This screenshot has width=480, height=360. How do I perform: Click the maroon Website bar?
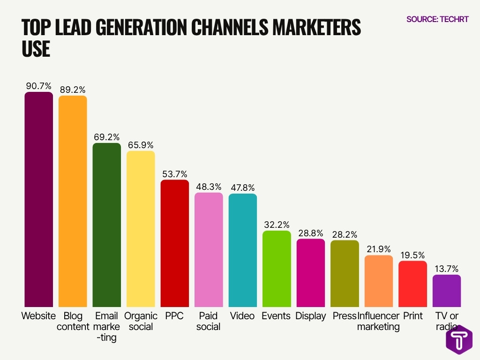38,199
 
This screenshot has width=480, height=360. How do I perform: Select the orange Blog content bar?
73,202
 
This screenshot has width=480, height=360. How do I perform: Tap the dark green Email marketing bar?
106,225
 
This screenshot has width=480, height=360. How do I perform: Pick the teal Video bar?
243,251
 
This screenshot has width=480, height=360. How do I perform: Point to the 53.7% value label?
174,174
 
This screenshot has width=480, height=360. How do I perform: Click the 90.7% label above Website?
39,86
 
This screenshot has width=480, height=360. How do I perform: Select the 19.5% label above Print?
412,255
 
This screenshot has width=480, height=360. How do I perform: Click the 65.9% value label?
141,145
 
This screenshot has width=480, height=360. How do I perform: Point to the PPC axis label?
174,316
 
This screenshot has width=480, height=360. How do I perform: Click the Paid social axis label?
208,321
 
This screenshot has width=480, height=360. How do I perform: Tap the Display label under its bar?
310,316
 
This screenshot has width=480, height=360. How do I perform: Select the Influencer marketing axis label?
378,321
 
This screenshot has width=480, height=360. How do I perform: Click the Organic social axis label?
141,321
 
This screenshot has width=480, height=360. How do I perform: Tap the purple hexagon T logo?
459,338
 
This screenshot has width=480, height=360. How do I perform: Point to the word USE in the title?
36,49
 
